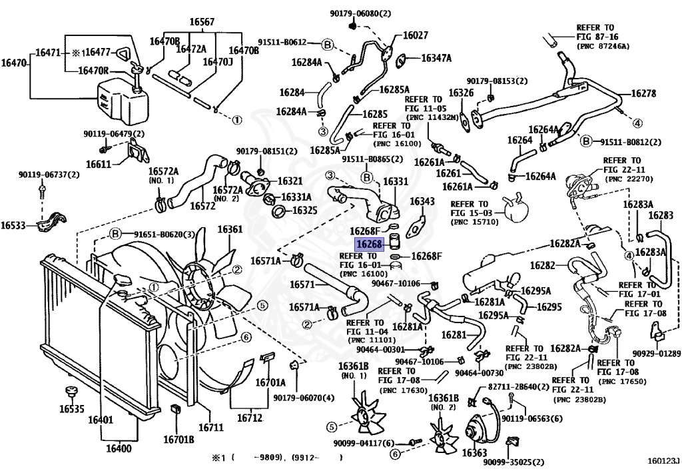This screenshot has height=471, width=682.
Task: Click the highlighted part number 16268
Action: tap(369, 245)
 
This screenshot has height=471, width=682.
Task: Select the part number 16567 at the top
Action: tap(202, 22)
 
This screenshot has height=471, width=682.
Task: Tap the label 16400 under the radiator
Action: tap(119, 448)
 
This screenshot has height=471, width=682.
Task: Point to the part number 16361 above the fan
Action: tap(230, 229)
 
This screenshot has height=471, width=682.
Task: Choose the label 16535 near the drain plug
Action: tap(72, 409)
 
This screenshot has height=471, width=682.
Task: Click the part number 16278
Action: tap(643, 93)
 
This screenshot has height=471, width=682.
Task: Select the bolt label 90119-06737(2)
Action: tap(49, 175)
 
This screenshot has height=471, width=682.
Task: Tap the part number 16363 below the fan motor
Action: tap(474, 453)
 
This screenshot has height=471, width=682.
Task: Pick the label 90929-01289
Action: tap(656, 354)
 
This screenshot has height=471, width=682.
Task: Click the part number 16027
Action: tap(416, 35)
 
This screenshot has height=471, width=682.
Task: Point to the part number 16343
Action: tap(422, 201)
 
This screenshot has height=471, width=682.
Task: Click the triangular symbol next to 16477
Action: tap(123, 53)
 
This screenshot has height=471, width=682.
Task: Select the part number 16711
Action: tap(211, 428)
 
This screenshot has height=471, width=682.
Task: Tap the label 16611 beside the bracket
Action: tap(99, 165)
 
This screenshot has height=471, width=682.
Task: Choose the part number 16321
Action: tap(290, 181)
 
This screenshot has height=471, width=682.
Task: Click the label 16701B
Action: tap(178, 439)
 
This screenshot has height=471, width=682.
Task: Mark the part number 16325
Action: tap(305, 211)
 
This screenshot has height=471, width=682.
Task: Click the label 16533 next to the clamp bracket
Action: tap(13, 225)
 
